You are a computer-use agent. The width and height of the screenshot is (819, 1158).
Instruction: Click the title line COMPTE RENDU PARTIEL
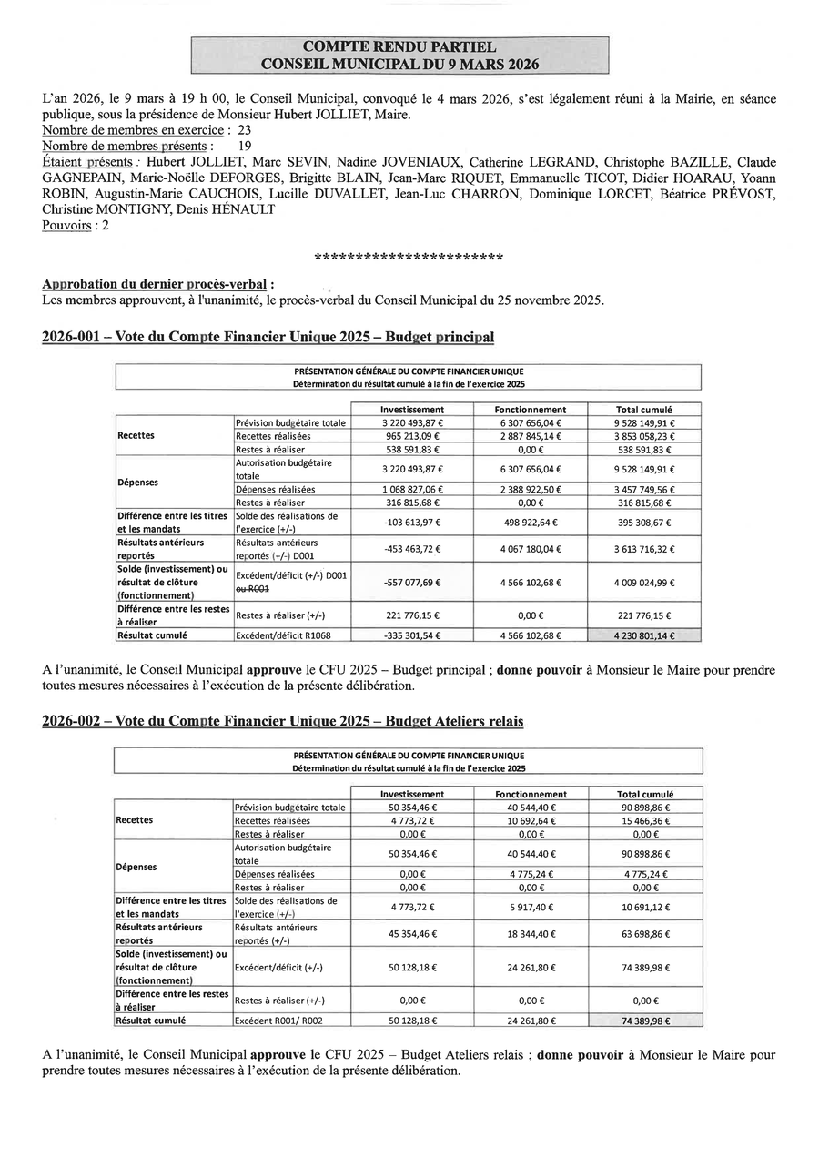click(x=399, y=46)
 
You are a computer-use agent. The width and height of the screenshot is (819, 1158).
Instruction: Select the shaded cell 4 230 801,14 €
click(x=645, y=635)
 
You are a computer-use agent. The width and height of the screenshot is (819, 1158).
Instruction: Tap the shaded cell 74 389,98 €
click(x=645, y=1020)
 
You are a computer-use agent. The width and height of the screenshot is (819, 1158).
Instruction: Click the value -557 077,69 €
click(x=412, y=583)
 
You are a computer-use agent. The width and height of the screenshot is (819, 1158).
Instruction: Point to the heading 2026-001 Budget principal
click(x=268, y=337)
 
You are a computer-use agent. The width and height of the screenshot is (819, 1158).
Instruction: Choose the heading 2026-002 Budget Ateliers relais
click(x=283, y=721)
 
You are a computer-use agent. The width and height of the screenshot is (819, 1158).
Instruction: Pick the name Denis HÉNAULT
click(x=232, y=209)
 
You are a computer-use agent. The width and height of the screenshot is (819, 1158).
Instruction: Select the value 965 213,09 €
click(x=412, y=436)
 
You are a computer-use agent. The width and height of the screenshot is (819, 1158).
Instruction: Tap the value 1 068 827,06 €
click(x=412, y=490)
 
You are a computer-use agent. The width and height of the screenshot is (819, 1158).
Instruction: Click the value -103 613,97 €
click(x=412, y=523)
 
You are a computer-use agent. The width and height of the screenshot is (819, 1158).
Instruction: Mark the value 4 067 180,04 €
click(x=531, y=549)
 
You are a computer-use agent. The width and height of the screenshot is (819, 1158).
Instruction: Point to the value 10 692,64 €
click(x=531, y=821)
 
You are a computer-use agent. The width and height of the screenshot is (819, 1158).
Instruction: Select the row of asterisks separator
click(x=409, y=258)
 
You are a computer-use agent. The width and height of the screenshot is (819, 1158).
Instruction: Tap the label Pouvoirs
click(x=66, y=225)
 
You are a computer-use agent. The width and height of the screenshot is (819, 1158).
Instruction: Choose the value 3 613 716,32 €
click(x=645, y=549)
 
